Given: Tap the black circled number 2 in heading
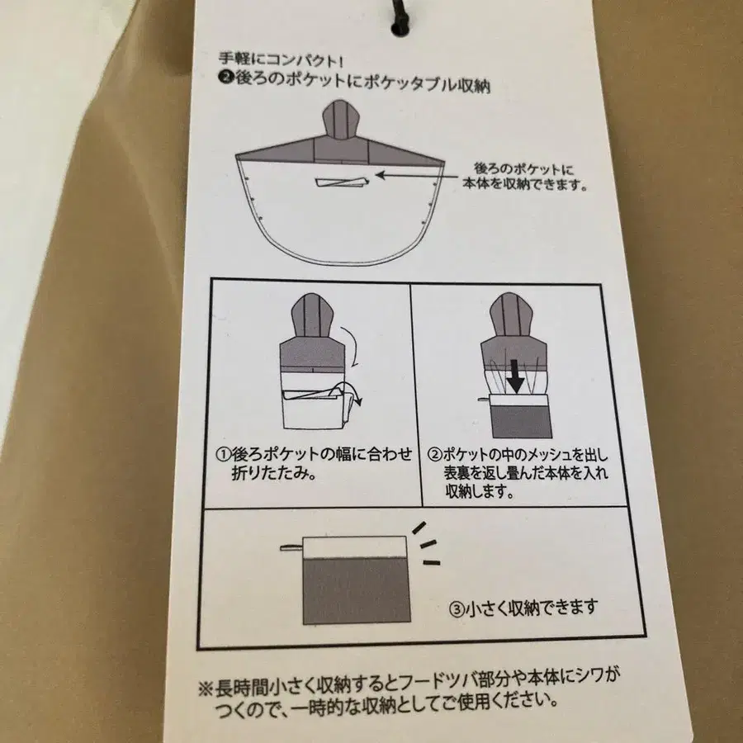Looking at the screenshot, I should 225,83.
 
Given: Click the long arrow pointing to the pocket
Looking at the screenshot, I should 421,175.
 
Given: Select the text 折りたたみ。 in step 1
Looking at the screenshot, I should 271,476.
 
